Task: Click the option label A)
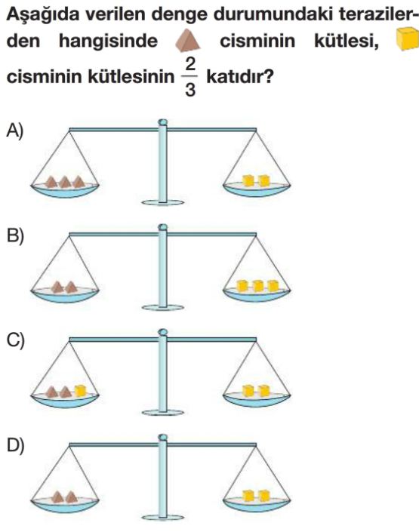(x=15, y=131)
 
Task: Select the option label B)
(x=15, y=235)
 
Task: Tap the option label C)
(x=16, y=340)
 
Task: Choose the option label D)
(x=16, y=445)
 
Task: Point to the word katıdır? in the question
(x=240, y=77)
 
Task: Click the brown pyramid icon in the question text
(x=187, y=39)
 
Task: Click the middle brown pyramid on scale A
(x=65, y=182)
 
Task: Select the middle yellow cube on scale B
(x=258, y=286)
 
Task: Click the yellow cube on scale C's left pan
(x=81, y=391)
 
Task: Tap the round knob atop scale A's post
(x=163, y=121)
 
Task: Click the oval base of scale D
(x=162, y=518)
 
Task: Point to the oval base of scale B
(x=162, y=307)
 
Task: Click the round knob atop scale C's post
(x=163, y=331)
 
